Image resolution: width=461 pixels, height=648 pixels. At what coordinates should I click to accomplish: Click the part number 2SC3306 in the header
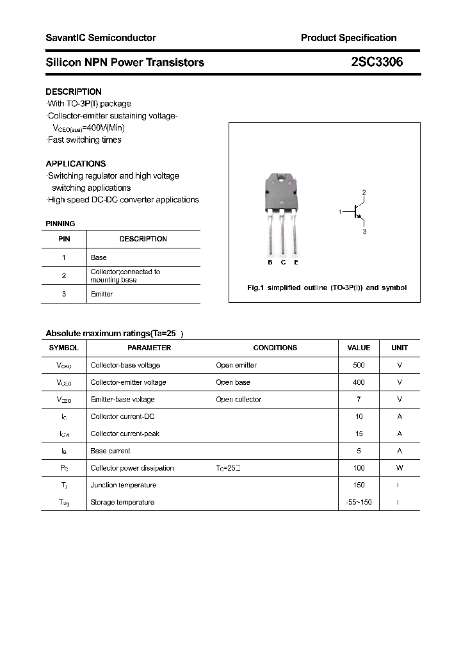click(376, 62)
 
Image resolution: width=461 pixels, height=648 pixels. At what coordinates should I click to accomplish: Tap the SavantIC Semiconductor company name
click(101, 38)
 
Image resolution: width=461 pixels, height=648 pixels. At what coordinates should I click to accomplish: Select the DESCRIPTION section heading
click(74, 92)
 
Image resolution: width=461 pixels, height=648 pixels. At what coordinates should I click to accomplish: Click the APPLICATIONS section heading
click(76, 163)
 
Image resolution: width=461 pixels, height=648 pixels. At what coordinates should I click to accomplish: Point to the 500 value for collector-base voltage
click(359, 365)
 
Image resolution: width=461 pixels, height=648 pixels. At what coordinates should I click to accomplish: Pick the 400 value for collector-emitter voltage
click(359, 382)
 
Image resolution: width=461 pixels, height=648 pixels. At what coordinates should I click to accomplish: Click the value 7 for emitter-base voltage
click(359, 400)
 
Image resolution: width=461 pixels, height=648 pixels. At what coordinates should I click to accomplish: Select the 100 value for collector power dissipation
click(359, 468)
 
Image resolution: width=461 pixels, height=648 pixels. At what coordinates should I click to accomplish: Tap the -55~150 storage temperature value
click(359, 503)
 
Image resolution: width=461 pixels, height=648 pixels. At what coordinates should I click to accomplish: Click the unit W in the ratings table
click(400, 468)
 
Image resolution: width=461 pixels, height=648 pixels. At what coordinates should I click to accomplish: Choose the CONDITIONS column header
click(275, 348)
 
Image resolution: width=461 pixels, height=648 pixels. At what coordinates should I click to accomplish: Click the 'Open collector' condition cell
click(239, 400)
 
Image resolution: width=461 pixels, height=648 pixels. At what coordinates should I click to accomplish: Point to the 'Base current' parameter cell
click(110, 451)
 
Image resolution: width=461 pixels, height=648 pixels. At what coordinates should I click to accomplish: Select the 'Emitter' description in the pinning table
click(102, 294)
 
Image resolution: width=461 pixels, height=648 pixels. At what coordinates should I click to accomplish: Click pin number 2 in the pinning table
click(64, 275)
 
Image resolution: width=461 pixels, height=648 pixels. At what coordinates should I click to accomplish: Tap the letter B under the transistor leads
click(270, 263)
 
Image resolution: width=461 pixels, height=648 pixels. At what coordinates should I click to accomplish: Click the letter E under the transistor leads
click(296, 263)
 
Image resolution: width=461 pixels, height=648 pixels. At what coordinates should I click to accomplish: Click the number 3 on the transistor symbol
click(364, 231)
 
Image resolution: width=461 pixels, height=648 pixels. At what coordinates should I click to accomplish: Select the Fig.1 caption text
click(327, 288)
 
